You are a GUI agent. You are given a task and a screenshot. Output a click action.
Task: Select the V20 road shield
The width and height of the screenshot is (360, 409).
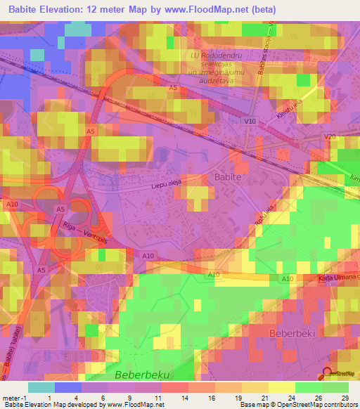[x=330, y=136]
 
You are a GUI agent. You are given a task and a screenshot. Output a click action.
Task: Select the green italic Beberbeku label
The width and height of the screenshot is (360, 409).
[x=143, y=375]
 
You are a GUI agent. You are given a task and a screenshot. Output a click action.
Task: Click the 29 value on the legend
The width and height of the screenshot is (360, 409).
[x=344, y=396]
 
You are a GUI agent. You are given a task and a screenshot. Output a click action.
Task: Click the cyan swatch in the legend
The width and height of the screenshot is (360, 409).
[x=41, y=387]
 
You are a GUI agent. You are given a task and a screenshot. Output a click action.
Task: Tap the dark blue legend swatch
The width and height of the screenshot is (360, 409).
[x=68, y=387]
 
